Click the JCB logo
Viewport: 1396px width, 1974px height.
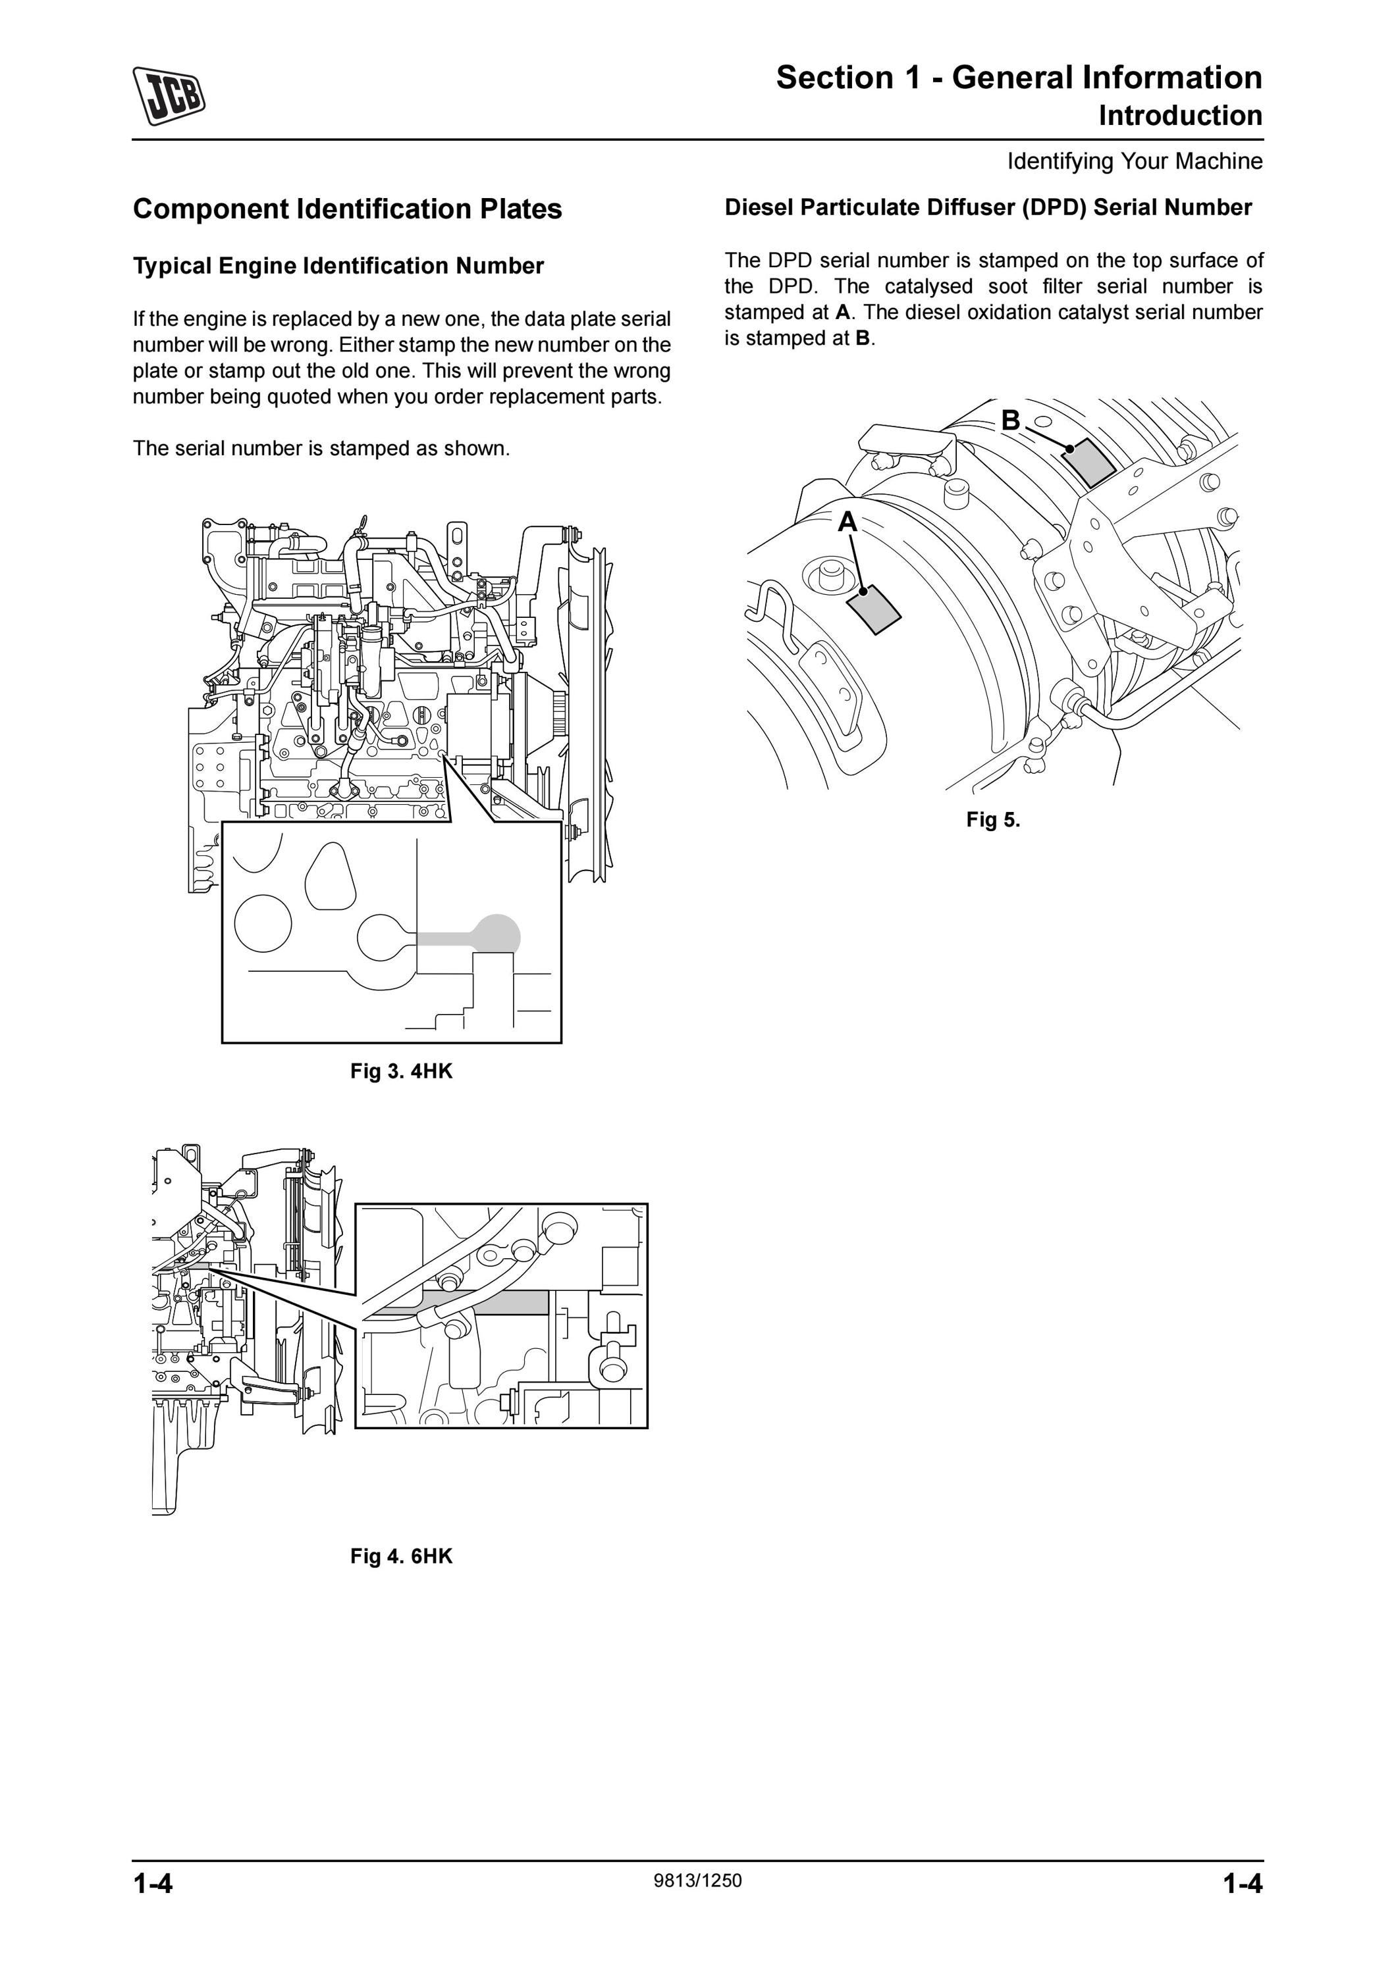169,95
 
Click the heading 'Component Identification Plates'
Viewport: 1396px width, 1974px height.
348,209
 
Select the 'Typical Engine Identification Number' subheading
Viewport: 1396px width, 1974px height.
338,266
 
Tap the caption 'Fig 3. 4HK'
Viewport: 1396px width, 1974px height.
401,1071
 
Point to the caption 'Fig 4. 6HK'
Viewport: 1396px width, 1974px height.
401,1556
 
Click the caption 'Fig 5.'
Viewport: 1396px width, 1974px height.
992,819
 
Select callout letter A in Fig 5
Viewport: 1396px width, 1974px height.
848,522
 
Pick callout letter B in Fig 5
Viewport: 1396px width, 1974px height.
1011,420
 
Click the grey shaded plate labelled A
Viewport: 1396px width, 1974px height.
874,609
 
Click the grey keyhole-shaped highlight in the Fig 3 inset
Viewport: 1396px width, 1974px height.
481,934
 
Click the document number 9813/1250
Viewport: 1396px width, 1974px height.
697,1881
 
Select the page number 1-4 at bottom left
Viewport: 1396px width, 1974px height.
153,1884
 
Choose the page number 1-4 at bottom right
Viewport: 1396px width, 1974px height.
1243,1884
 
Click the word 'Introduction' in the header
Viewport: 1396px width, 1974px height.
1180,116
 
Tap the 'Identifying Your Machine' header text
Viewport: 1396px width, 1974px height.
1135,162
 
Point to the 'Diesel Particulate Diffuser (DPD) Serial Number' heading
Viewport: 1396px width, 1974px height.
988,208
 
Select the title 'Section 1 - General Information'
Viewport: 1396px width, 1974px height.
1019,78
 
